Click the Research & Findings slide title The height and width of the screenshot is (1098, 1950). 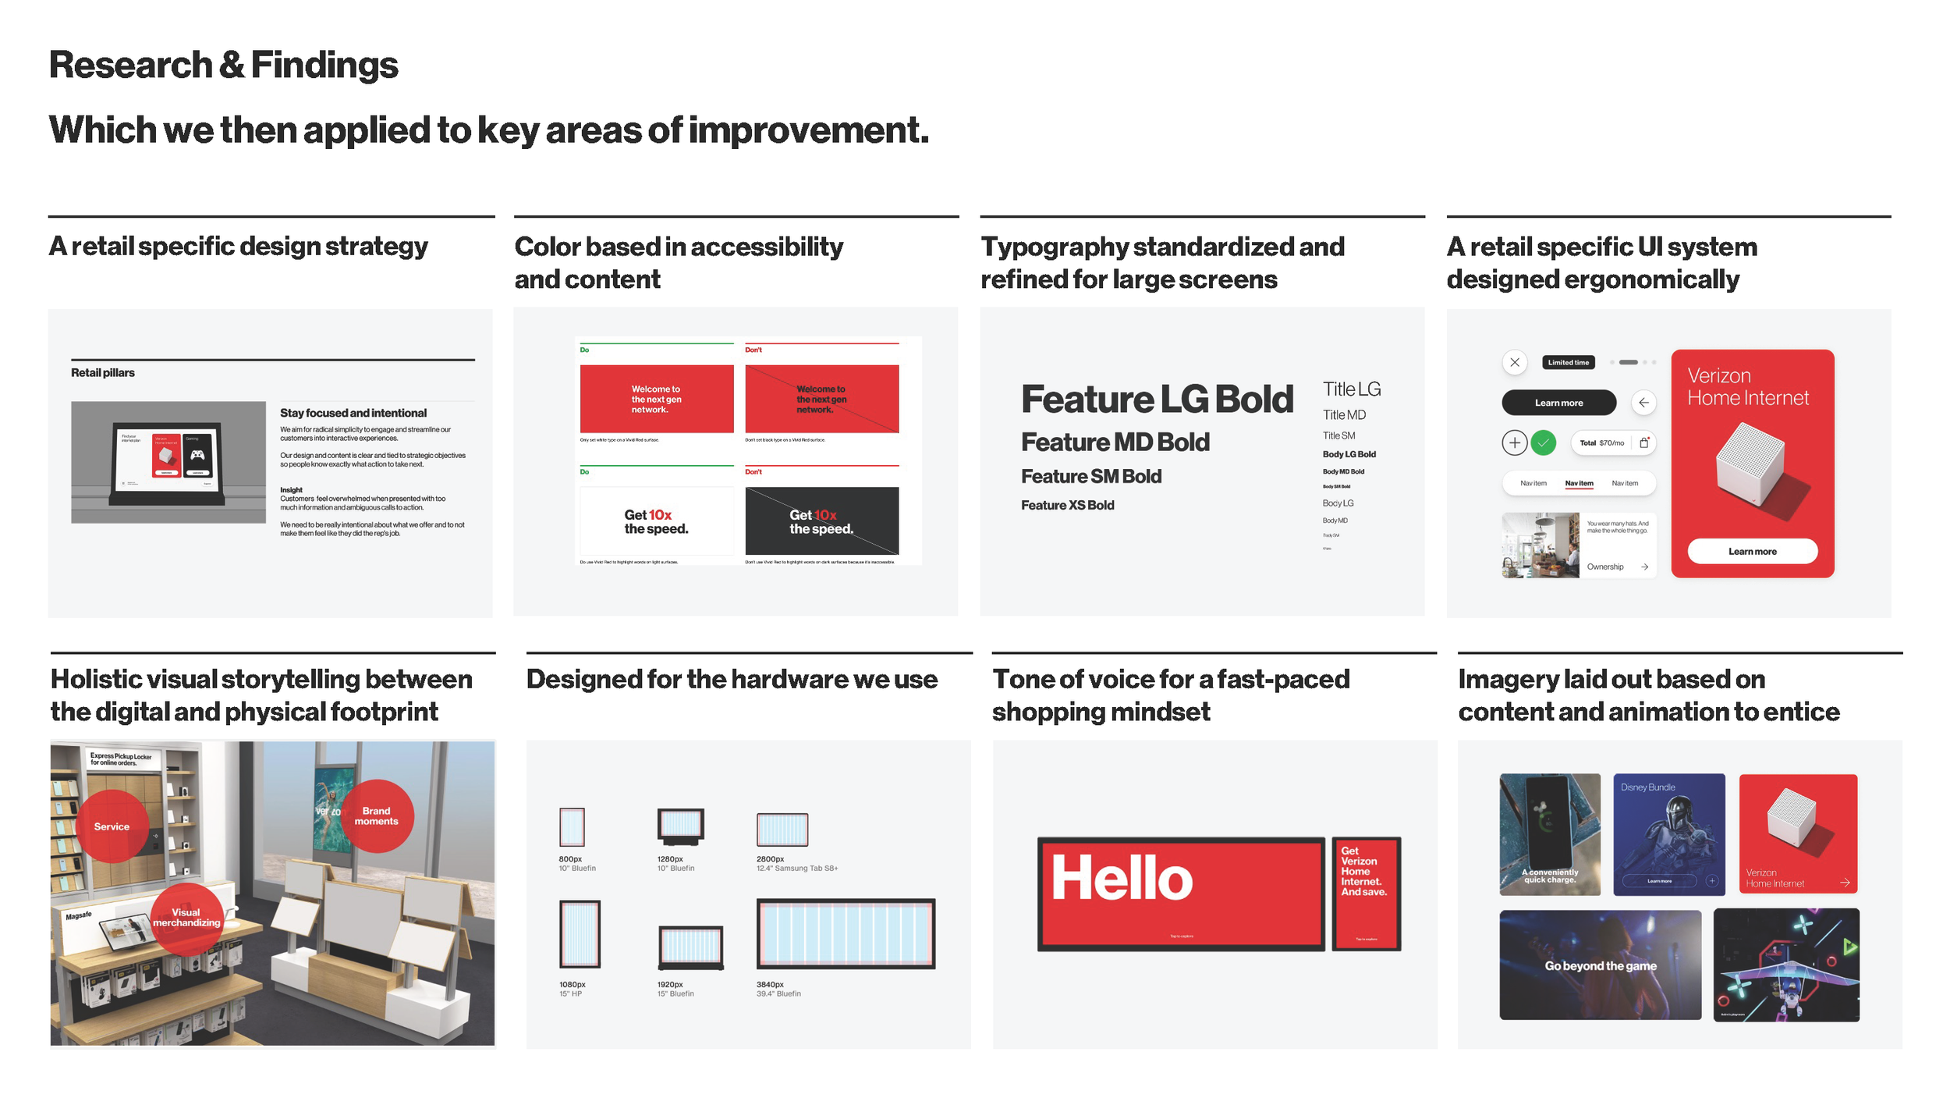point(223,65)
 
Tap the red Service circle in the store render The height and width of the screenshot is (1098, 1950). point(112,826)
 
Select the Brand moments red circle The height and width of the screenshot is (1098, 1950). point(377,816)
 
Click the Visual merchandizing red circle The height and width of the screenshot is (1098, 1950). point(186,919)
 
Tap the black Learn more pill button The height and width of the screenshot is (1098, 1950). point(1558,403)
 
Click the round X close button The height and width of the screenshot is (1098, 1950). point(1515,362)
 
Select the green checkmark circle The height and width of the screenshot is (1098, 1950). point(1543,442)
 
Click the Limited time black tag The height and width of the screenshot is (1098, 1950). point(1568,362)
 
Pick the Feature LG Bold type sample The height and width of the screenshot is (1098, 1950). point(1157,400)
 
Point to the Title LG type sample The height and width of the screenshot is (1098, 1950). point(1351,389)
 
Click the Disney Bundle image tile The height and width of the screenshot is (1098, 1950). point(1668,833)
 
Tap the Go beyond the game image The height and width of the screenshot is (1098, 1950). point(1600,965)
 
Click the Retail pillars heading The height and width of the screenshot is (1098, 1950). point(103,373)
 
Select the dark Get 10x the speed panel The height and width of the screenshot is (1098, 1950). point(821,521)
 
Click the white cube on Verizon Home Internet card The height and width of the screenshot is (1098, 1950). point(1750,466)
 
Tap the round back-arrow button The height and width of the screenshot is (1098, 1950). point(1643,403)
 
